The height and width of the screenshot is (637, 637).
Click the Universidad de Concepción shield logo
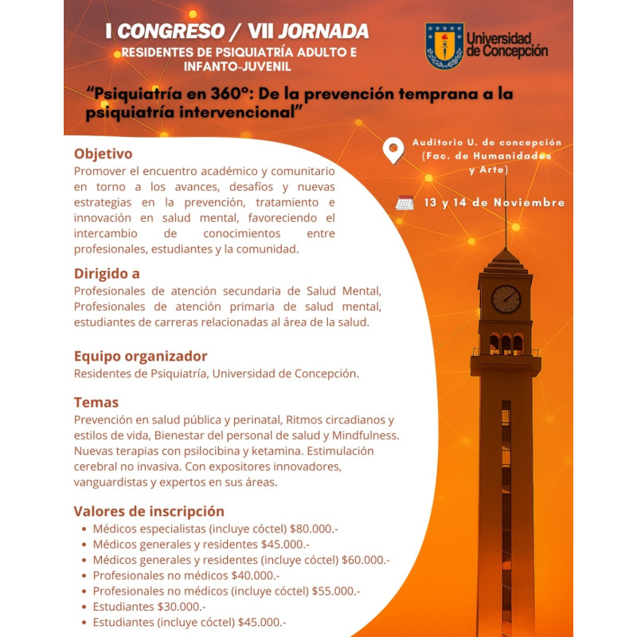point(444,45)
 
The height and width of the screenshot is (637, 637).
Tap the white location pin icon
point(393,150)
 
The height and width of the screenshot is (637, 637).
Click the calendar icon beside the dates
point(405,202)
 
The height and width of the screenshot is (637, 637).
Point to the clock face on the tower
point(506,299)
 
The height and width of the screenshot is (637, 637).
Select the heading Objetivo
point(103,153)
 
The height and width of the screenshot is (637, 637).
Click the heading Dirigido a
point(107,273)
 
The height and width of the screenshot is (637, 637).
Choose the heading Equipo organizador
point(140,356)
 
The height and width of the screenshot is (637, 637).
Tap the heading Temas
point(96,402)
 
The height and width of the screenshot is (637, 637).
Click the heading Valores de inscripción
point(149,511)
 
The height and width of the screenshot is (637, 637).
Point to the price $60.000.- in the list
point(365,560)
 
